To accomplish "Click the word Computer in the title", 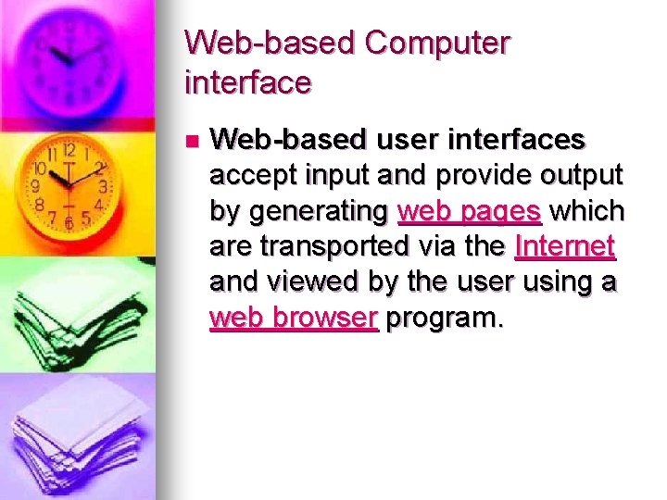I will click(437, 44).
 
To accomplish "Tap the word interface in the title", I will click(248, 83).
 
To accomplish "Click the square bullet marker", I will click(192, 142).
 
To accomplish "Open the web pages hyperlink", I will click(469, 212).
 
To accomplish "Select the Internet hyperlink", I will click(565, 247).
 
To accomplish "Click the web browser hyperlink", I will click(294, 318).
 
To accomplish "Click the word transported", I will click(330, 247).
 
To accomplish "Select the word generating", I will click(318, 212).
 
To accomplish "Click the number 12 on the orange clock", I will click(68, 148).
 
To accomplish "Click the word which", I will click(586, 212).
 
